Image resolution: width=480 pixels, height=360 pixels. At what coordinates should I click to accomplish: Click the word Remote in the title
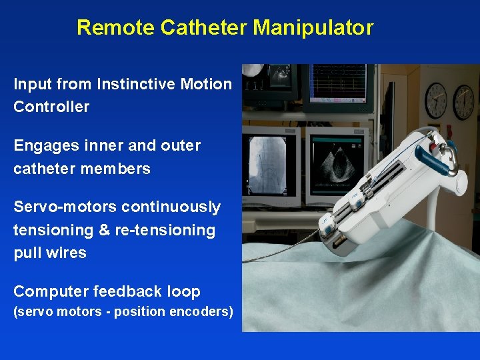pyautogui.click(x=107, y=28)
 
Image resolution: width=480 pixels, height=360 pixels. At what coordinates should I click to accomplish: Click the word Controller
pyautogui.click(x=51, y=107)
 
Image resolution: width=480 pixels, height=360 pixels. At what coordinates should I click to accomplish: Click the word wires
pyautogui.click(x=65, y=253)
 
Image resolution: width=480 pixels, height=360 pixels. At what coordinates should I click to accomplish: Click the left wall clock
pyautogui.click(x=435, y=99)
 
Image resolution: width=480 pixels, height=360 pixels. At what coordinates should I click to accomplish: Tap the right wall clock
pyautogui.click(x=463, y=102)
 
